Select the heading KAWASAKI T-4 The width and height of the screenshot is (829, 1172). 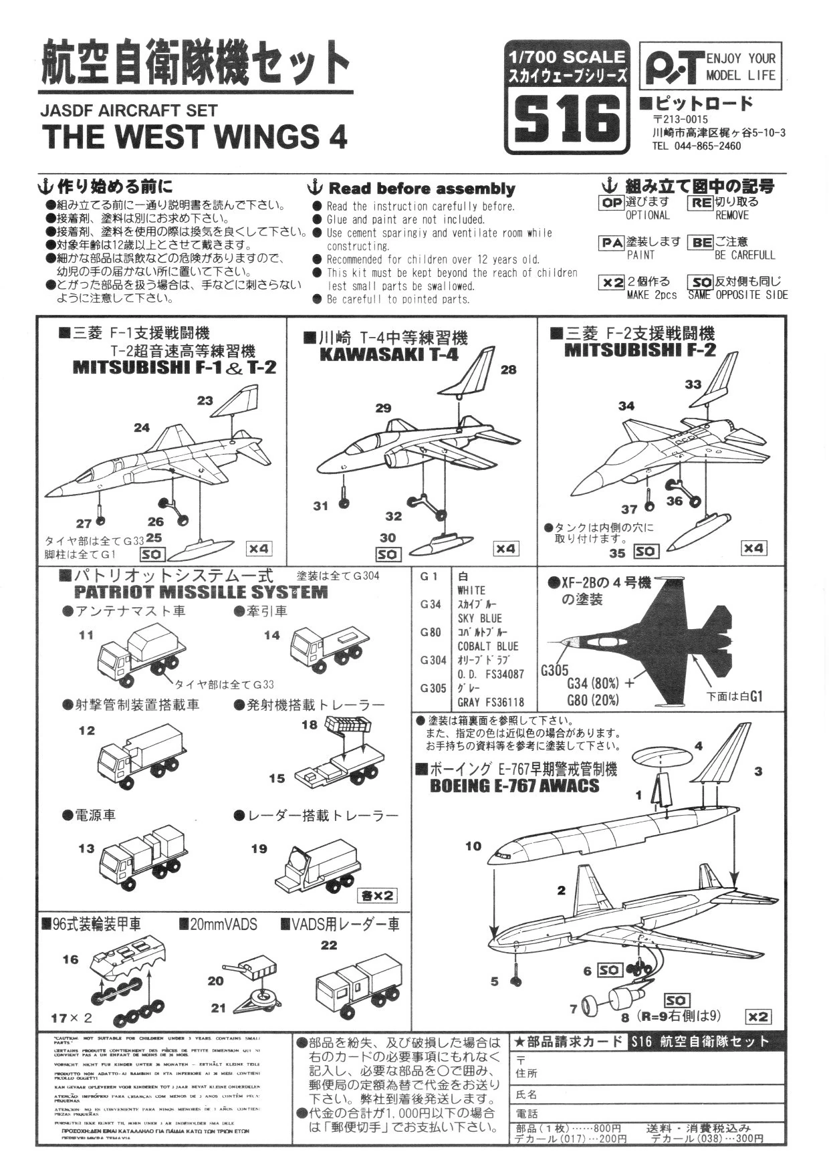(389, 354)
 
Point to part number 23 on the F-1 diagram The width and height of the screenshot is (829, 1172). (205, 400)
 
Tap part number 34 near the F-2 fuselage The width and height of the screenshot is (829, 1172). (626, 406)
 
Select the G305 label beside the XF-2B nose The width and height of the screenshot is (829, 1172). (554, 670)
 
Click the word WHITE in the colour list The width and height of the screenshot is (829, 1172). (471, 590)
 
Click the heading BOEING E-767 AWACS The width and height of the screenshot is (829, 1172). (514, 786)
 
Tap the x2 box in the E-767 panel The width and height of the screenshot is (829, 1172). (757, 1016)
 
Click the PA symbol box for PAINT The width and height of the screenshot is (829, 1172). (612, 243)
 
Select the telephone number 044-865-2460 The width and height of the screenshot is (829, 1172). (709, 146)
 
